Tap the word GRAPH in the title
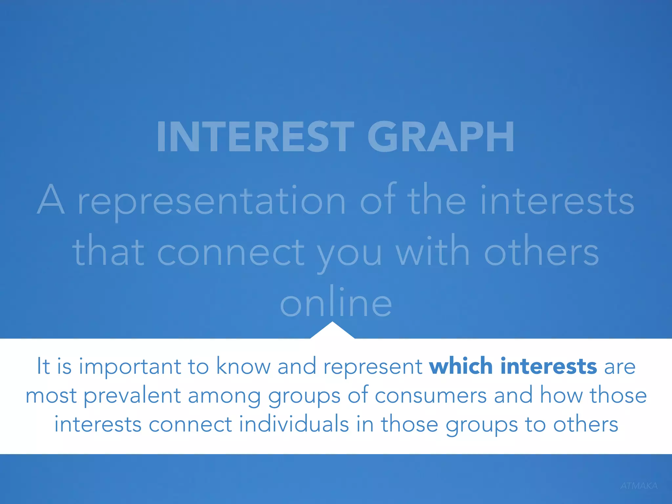point(440,137)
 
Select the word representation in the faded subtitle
point(212,201)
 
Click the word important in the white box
point(130,367)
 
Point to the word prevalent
point(132,396)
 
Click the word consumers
point(430,395)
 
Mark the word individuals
point(294,424)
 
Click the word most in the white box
point(51,396)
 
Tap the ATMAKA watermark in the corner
point(639,486)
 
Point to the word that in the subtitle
point(108,252)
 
